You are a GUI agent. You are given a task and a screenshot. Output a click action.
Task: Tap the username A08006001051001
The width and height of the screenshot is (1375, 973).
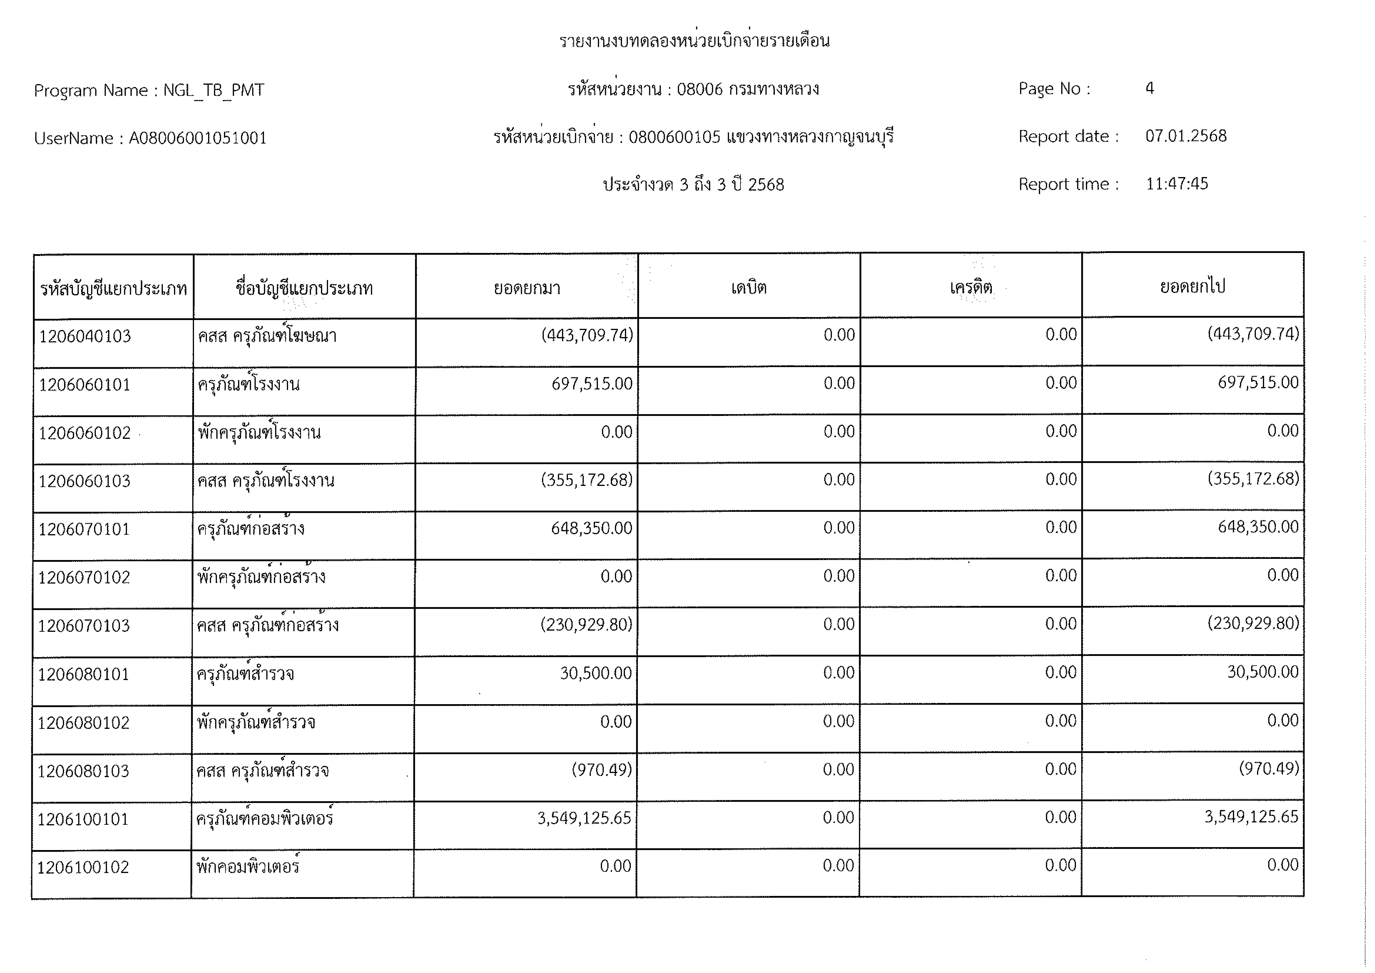click(198, 138)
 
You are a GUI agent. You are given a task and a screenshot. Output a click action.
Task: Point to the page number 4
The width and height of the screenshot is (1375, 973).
click(1149, 89)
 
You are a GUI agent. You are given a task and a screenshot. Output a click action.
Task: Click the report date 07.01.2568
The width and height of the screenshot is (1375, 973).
click(1186, 136)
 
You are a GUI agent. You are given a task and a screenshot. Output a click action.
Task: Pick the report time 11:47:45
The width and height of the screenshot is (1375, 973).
click(1177, 184)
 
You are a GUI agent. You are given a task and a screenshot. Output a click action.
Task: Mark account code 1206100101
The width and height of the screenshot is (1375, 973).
click(83, 819)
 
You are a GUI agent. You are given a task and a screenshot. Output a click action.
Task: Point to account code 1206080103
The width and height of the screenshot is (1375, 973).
click(83, 771)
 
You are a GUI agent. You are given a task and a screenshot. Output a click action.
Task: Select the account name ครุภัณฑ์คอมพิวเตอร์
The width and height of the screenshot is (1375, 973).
click(265, 818)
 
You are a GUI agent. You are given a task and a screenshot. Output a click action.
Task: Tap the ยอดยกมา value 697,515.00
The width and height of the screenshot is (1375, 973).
click(592, 383)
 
